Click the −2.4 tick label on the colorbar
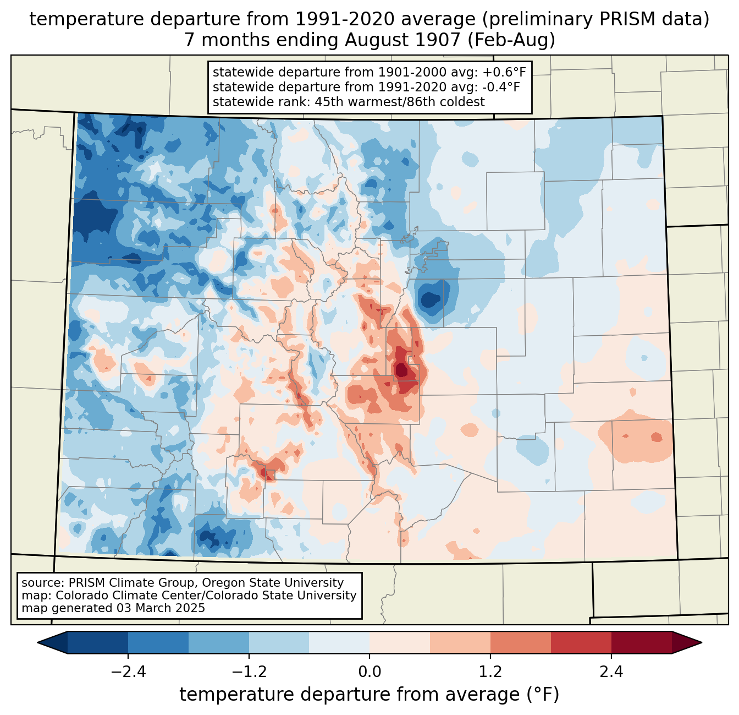(128, 672)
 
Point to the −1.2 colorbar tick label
(249, 672)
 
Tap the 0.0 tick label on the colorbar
(369, 672)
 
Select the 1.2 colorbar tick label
(490, 672)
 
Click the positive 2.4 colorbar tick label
(611, 672)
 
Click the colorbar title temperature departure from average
(369, 695)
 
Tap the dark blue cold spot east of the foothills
(430, 300)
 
